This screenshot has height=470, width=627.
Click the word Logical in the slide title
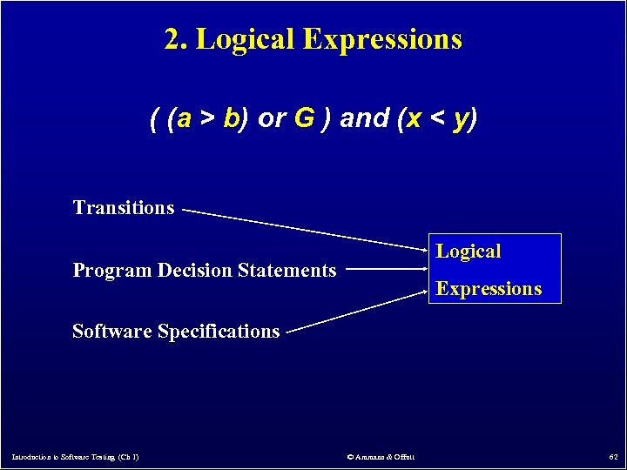[x=245, y=39]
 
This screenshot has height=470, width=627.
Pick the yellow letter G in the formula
[x=303, y=119]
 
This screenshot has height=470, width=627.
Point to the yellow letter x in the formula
[x=417, y=119]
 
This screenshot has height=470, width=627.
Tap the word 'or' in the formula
[x=271, y=119]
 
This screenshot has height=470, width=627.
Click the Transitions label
[x=124, y=208]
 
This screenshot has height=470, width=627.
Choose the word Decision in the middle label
[x=196, y=271]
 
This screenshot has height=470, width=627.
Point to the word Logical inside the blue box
[x=469, y=252]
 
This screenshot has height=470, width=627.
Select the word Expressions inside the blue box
[x=489, y=289]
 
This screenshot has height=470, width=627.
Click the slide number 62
[x=614, y=457]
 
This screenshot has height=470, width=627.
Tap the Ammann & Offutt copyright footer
[x=381, y=457]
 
